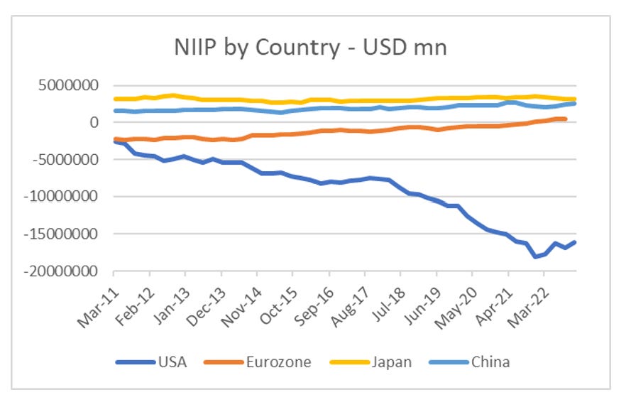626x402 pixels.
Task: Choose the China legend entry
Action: tap(490, 362)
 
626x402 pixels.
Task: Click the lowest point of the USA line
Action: tap(535, 256)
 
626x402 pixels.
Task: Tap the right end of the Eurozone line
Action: tap(566, 119)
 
